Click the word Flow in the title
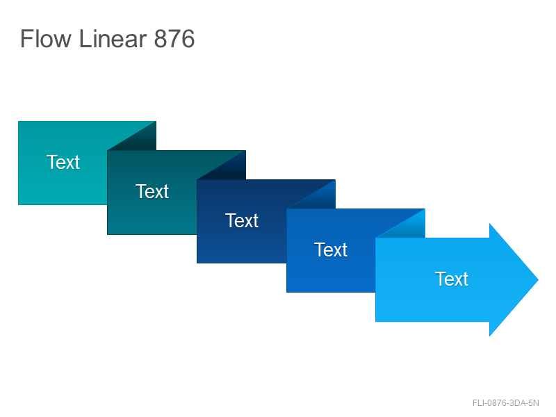(46, 39)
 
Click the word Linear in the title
(113, 39)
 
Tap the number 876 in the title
(174, 39)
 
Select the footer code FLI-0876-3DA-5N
(506, 403)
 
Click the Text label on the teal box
(63, 162)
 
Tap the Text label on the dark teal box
(152, 192)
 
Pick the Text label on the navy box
(242, 220)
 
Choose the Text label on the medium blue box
(331, 250)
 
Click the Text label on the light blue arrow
(452, 279)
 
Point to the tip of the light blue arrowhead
(538, 280)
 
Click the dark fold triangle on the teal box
(140, 140)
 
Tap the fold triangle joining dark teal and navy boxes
(229, 170)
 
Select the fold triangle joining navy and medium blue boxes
(319, 199)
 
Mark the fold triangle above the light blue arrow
(409, 228)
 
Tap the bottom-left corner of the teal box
(19, 204)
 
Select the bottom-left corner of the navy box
(197, 263)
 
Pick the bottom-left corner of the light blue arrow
(376, 321)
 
